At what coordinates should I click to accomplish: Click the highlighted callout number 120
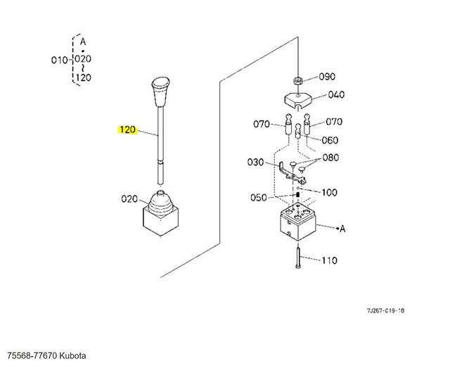click(x=127, y=130)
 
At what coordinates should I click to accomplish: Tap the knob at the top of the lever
click(x=161, y=92)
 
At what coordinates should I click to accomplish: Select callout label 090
click(x=327, y=77)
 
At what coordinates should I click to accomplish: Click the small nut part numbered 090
click(x=298, y=80)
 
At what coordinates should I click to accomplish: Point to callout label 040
click(x=336, y=95)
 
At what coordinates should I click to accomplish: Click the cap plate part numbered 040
click(x=298, y=101)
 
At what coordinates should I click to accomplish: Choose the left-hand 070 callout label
click(x=262, y=124)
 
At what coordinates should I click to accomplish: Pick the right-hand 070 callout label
click(x=334, y=122)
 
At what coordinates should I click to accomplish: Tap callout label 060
click(x=330, y=140)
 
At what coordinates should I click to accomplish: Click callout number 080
click(x=330, y=158)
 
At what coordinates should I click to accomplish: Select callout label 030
click(x=255, y=163)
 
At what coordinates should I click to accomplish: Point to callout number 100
click(x=329, y=193)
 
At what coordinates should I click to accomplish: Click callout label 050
click(x=259, y=198)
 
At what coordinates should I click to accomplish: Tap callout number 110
click(x=329, y=260)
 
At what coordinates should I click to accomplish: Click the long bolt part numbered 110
click(x=298, y=258)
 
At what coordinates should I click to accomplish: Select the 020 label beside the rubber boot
click(x=129, y=199)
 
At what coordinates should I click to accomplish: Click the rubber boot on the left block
click(x=161, y=203)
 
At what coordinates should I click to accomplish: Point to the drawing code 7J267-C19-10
click(x=385, y=310)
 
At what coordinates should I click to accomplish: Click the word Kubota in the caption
click(x=72, y=355)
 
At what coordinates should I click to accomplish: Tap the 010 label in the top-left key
click(x=59, y=61)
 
